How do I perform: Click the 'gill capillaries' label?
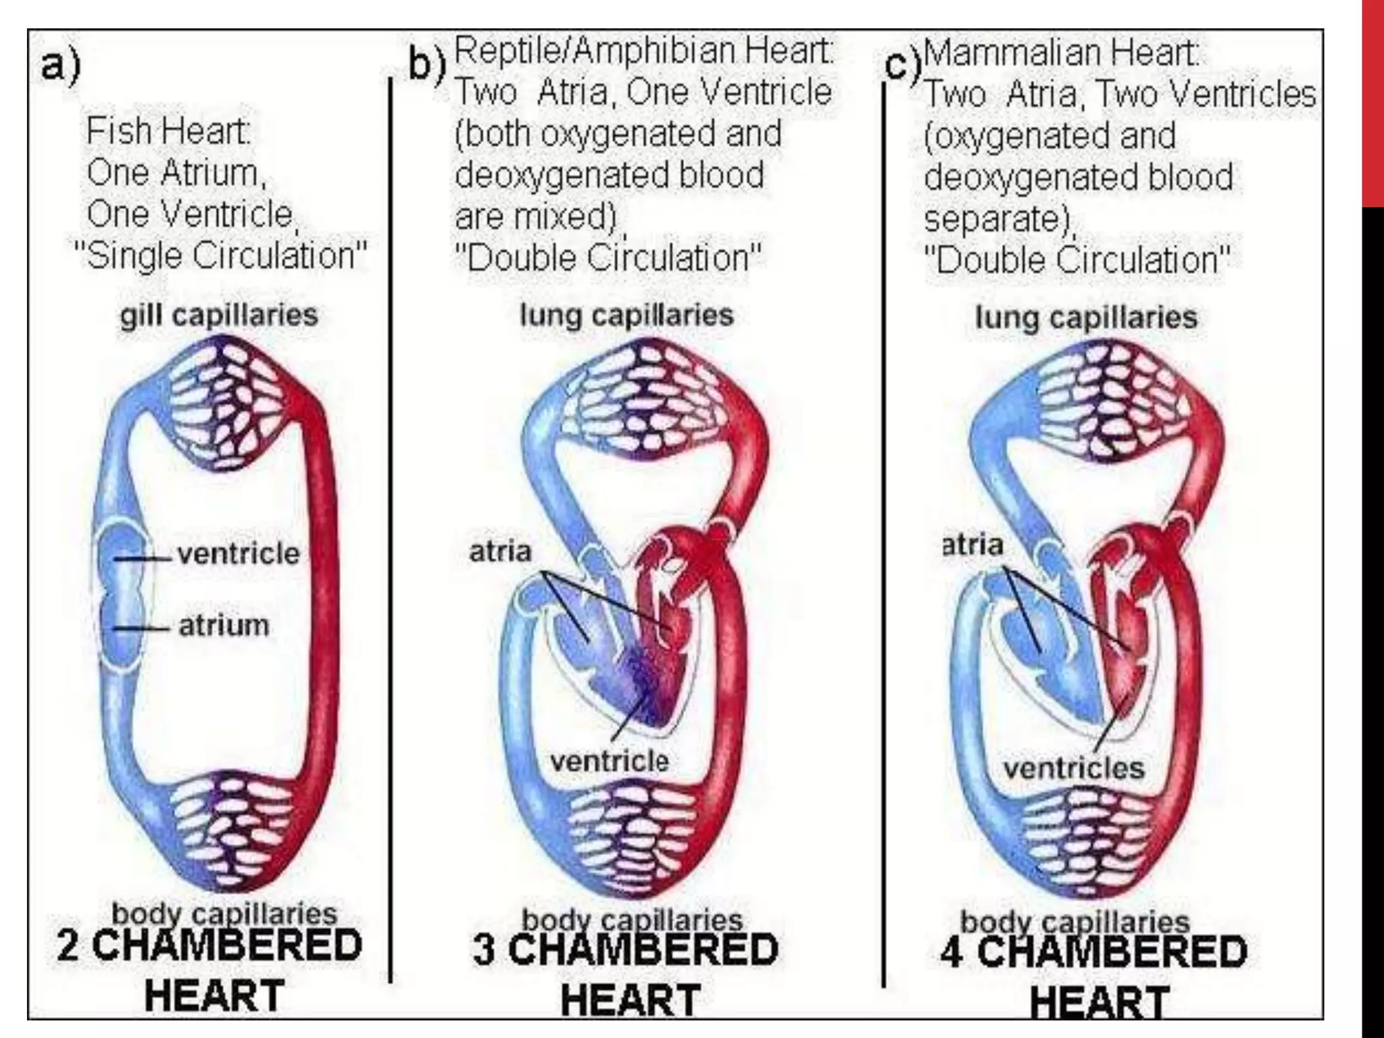point(219,316)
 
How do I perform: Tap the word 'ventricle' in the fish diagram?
point(238,554)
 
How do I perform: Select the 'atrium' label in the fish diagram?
point(224,626)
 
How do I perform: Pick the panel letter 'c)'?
point(904,66)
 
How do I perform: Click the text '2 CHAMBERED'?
point(209,946)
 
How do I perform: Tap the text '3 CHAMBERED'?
point(625,949)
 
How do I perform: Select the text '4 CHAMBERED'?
point(1093,951)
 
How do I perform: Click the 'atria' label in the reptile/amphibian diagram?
point(500,552)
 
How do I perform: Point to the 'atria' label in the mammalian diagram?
point(973,545)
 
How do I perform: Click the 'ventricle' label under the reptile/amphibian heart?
point(610,762)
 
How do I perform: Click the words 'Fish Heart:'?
point(168,131)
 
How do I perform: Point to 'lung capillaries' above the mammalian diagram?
point(1086,317)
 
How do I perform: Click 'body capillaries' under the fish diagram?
point(224,914)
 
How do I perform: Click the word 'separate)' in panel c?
point(999,219)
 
